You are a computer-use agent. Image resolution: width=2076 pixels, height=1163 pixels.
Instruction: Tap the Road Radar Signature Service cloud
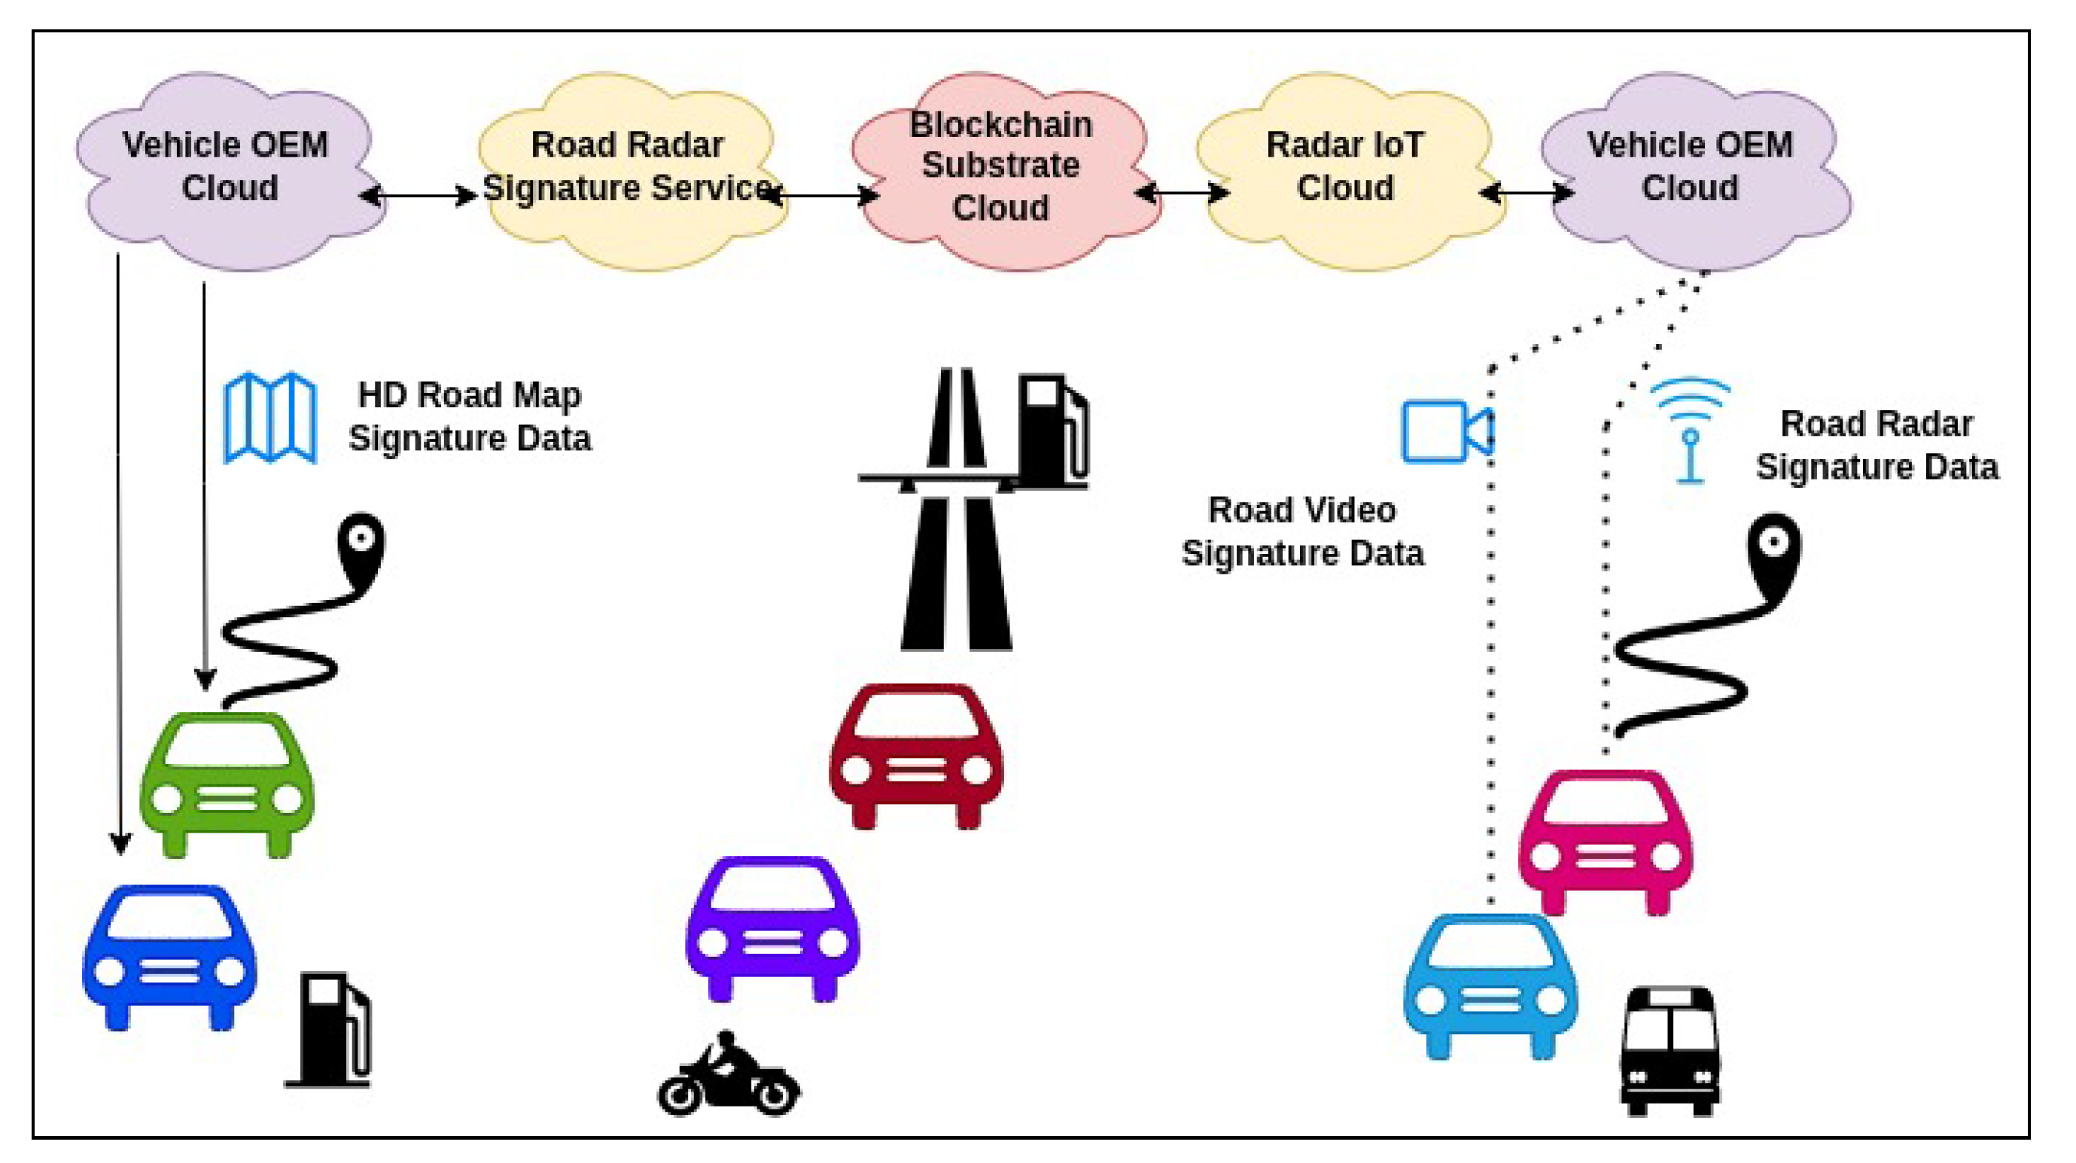[629, 169]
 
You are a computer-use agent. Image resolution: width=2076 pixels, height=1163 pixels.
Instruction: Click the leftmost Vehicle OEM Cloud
[228, 169]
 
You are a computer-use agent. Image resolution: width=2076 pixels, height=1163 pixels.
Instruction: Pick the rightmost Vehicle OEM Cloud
[1692, 169]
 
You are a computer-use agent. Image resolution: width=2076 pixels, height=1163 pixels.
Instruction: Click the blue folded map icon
[269, 418]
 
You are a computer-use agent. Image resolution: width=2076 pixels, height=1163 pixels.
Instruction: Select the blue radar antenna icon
[1690, 431]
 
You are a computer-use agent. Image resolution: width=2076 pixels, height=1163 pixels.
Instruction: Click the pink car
[1606, 842]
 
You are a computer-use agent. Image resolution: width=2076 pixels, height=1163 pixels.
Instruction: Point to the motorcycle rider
[729, 1076]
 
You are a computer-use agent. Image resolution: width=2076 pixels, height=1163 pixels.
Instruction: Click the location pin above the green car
[361, 548]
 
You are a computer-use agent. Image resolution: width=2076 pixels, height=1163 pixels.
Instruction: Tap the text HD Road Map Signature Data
[470, 417]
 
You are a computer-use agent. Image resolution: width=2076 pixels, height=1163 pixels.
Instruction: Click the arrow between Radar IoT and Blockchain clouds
[1182, 193]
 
